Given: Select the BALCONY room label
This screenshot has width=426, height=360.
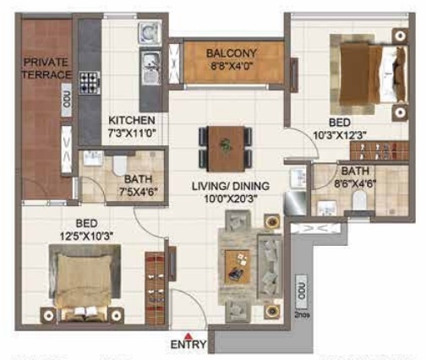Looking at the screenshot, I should click(232, 53).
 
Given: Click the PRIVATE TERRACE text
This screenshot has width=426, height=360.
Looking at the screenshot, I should click(47, 68).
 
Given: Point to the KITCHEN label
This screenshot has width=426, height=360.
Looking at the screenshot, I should click(131, 121).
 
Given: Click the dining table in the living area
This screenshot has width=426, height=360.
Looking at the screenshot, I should click(224, 146).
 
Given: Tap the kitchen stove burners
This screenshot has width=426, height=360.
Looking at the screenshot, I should click(89, 82).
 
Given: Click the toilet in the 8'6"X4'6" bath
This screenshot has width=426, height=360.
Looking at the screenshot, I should click(361, 201).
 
